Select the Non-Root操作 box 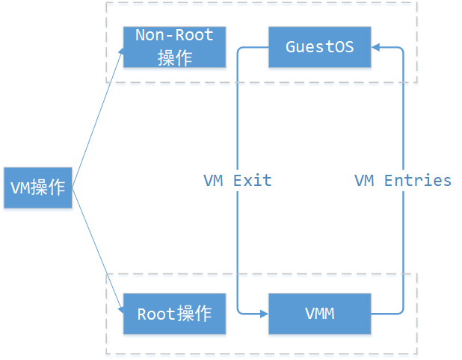[174, 46]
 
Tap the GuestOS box [319, 47]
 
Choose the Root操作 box [174, 314]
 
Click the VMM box [319, 314]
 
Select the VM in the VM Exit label [214, 181]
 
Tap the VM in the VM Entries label [364, 181]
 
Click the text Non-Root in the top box [174, 35]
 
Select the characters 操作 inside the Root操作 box [194, 314]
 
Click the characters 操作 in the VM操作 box [50, 187]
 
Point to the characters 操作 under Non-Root [174, 57]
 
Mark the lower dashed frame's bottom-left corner [107, 353]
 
